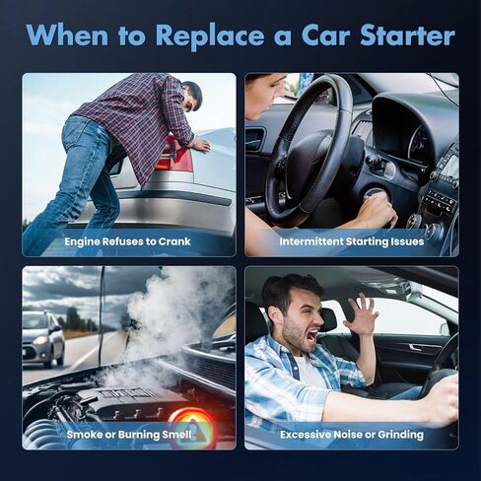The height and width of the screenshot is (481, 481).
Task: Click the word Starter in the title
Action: coord(407,34)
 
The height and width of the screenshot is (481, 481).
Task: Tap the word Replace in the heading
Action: coord(210,36)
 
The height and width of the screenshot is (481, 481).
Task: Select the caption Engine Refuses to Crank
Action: coord(127,241)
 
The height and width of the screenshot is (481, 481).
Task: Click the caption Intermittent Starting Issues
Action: coord(352,241)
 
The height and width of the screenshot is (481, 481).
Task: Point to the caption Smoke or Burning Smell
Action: coord(129,435)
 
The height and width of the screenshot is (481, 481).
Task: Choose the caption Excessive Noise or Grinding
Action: coord(352,435)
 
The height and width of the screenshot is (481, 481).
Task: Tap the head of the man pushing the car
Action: coord(191,96)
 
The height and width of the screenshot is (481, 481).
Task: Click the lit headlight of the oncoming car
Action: coord(40,340)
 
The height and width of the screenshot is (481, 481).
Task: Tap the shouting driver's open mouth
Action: coord(311,336)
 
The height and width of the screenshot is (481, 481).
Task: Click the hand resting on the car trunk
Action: coord(200,145)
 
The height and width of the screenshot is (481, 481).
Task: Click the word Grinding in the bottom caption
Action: coord(401,435)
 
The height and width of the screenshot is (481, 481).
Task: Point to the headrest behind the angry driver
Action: coord(328,319)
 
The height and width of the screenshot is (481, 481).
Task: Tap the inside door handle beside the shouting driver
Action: coord(415,347)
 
